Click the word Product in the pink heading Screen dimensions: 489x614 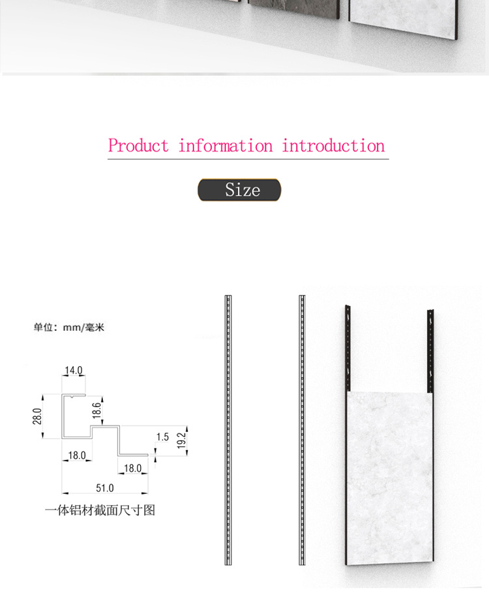tap(138, 146)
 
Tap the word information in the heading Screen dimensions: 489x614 tap(226, 146)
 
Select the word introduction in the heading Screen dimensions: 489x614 tap(333, 146)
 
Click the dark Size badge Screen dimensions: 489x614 tap(239, 190)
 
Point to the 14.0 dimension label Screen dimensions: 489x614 tap(74, 371)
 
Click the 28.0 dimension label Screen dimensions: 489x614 tap(37, 416)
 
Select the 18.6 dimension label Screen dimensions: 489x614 tap(96, 410)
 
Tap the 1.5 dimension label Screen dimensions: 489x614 tap(162, 437)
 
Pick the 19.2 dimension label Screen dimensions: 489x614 tap(181, 440)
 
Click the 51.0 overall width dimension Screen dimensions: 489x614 tap(105, 488)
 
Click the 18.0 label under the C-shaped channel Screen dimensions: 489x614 tap(77, 455)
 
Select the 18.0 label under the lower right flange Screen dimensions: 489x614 tap(132, 468)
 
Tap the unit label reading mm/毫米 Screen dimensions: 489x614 tap(83, 327)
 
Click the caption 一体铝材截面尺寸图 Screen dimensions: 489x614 tap(100, 510)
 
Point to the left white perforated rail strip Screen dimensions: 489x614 tap(228, 430)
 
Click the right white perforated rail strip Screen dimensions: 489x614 tap(302, 430)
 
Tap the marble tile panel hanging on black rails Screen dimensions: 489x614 tap(390, 478)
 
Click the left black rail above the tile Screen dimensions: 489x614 tap(348, 348)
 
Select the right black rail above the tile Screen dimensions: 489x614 tap(430, 351)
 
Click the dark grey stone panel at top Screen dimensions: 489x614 tap(293, 8)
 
